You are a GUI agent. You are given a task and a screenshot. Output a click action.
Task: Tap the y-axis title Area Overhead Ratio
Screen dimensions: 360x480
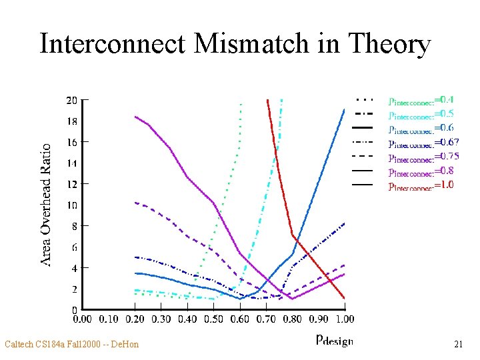click(x=46, y=205)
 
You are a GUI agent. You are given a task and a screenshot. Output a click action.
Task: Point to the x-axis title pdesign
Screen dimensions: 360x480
click(x=333, y=340)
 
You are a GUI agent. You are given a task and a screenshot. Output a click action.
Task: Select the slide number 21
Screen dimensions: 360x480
click(x=458, y=344)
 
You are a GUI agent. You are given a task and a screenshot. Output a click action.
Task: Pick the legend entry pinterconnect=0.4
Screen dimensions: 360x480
click(x=421, y=101)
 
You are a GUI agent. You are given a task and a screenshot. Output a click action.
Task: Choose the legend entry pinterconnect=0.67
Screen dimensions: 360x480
click(x=421, y=143)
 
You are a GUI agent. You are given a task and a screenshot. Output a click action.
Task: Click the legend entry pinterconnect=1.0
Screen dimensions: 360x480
click(x=421, y=185)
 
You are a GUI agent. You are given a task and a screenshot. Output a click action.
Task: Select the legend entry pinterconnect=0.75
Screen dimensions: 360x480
click(x=421, y=157)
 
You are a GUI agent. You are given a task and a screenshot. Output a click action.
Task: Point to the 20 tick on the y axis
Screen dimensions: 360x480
click(x=71, y=100)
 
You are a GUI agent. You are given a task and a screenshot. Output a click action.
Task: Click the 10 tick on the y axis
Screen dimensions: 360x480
click(x=71, y=205)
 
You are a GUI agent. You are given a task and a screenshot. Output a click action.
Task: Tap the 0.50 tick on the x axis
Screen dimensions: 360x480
click(x=213, y=319)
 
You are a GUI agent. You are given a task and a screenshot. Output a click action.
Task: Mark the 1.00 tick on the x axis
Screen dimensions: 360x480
click(x=344, y=319)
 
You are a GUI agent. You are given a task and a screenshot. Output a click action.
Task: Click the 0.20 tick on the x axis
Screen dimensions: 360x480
click(x=135, y=319)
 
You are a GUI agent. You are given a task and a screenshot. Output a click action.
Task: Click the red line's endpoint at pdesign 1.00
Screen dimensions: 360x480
click(x=344, y=297)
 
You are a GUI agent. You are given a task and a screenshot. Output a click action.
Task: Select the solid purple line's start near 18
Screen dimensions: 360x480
click(x=136, y=117)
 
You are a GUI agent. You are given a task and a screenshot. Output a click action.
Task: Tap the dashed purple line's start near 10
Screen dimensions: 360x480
click(x=136, y=203)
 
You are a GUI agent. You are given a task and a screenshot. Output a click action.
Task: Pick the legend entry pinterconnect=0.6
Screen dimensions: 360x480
click(x=421, y=128)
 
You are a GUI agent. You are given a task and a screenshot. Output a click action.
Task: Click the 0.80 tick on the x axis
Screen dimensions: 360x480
click(x=292, y=319)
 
